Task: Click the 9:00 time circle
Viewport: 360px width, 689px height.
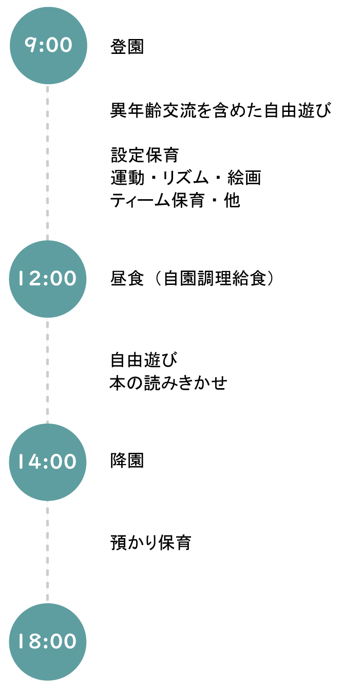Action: (48, 46)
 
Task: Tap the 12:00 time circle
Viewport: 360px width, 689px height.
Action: (48, 279)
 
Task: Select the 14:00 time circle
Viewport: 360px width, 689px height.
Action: (48, 462)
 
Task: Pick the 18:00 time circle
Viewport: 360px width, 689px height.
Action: (48, 642)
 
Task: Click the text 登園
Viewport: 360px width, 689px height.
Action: (127, 47)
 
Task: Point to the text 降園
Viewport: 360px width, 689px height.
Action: (127, 461)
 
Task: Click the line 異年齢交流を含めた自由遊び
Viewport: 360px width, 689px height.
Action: (221, 110)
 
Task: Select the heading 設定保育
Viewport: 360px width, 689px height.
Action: (145, 155)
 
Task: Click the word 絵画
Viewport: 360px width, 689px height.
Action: (244, 178)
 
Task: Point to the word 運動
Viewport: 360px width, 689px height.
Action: (127, 178)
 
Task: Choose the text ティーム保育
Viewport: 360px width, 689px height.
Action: (157, 201)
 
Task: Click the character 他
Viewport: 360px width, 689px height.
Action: (232, 201)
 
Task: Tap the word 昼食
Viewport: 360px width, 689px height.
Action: (127, 278)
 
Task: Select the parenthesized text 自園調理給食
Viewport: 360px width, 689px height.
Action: (215, 278)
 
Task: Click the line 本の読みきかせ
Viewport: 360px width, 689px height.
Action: (168, 383)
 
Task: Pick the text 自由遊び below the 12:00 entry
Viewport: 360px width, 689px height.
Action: (144, 360)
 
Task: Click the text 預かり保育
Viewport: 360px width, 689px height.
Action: (151, 543)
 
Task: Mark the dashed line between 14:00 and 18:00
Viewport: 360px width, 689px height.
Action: (47, 552)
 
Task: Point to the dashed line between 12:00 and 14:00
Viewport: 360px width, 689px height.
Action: (47, 371)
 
